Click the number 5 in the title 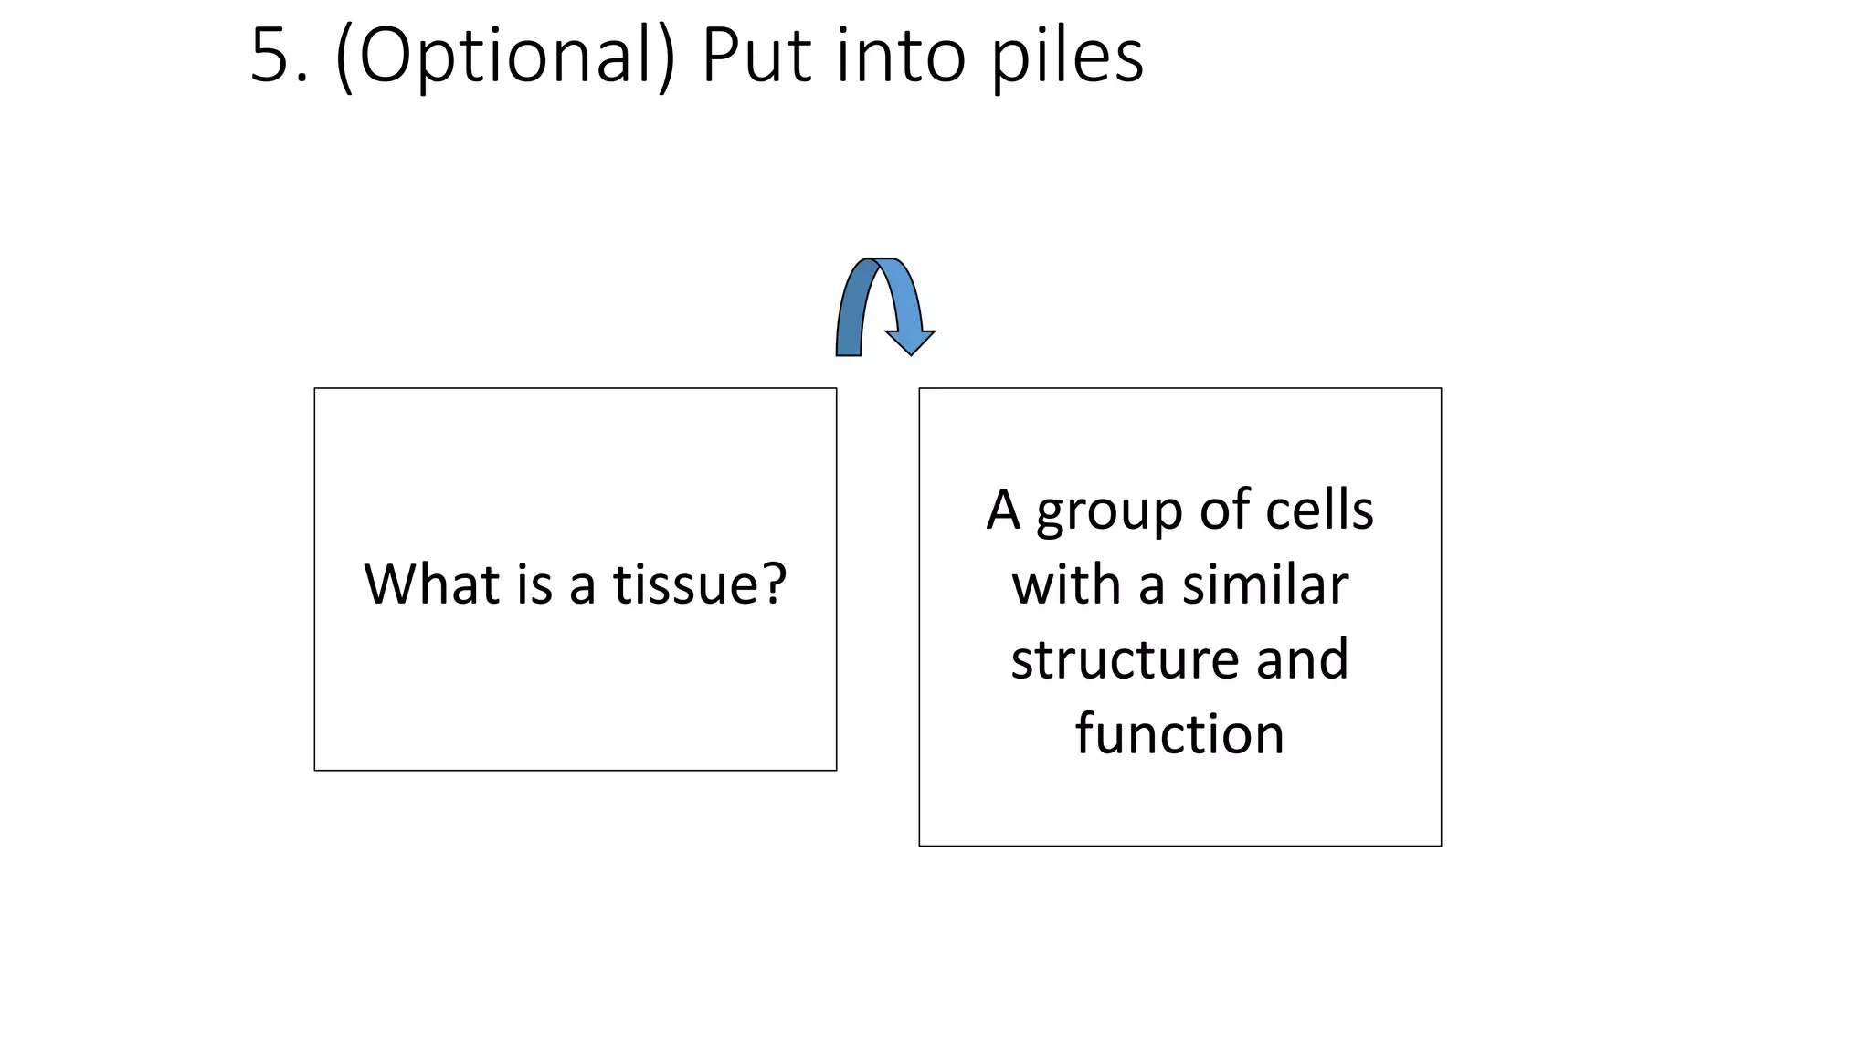coord(271,57)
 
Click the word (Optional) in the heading coord(505,57)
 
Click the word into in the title coord(901,57)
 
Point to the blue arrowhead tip coord(910,352)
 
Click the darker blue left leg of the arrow coord(850,320)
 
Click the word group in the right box coord(1109,511)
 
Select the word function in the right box coord(1179,733)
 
